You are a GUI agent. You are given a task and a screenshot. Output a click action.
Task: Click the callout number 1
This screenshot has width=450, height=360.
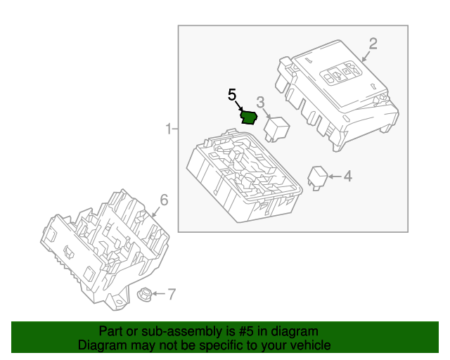coord(167,129)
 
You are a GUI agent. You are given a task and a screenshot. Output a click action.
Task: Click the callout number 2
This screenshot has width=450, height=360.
coord(373,44)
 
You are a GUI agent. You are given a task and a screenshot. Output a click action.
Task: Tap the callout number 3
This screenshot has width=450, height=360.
coord(259,102)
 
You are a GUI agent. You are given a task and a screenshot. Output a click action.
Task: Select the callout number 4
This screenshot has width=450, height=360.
coord(347,176)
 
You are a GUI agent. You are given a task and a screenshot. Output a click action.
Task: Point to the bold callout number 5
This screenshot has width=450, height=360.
coord(231,94)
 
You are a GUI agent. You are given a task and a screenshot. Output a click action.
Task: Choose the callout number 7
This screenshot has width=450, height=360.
coord(170,293)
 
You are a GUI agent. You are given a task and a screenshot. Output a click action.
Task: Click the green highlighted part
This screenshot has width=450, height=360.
coord(249,117)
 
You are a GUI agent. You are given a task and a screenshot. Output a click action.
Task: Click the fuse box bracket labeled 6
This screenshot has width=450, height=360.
coord(105,250)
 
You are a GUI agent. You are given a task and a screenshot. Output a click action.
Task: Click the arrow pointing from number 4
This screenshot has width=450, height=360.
coord(334,176)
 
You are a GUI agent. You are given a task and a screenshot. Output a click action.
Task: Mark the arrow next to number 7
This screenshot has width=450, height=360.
coord(158,293)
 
